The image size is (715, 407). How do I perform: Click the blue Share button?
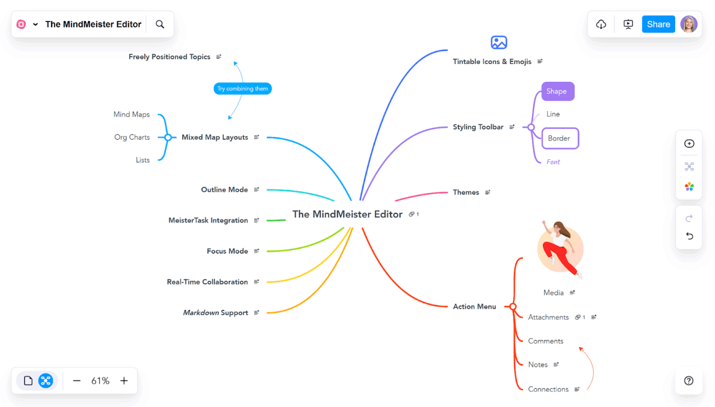coord(658,24)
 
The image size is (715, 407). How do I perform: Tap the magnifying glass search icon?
coord(160,24)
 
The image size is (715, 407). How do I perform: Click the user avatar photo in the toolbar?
coord(688,24)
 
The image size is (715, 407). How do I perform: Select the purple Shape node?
coord(557,92)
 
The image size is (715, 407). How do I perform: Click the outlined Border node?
coord(560,138)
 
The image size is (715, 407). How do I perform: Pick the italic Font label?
coord(553,162)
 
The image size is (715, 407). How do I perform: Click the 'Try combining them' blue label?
coord(243,88)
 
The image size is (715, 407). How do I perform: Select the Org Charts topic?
coord(132,137)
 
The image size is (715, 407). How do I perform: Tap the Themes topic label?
coord(466,192)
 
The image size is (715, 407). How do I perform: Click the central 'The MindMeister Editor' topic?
coord(347,214)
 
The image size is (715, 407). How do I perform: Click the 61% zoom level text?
coord(100,380)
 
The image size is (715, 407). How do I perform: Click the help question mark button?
coord(688,380)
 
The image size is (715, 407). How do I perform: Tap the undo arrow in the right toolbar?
coord(689,236)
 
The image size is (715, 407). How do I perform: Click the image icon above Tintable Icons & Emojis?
coord(498,42)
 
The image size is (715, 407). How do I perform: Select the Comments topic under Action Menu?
coord(545,341)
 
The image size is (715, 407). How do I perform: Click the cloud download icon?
coord(601,24)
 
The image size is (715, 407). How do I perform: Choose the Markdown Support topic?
coord(216,312)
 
